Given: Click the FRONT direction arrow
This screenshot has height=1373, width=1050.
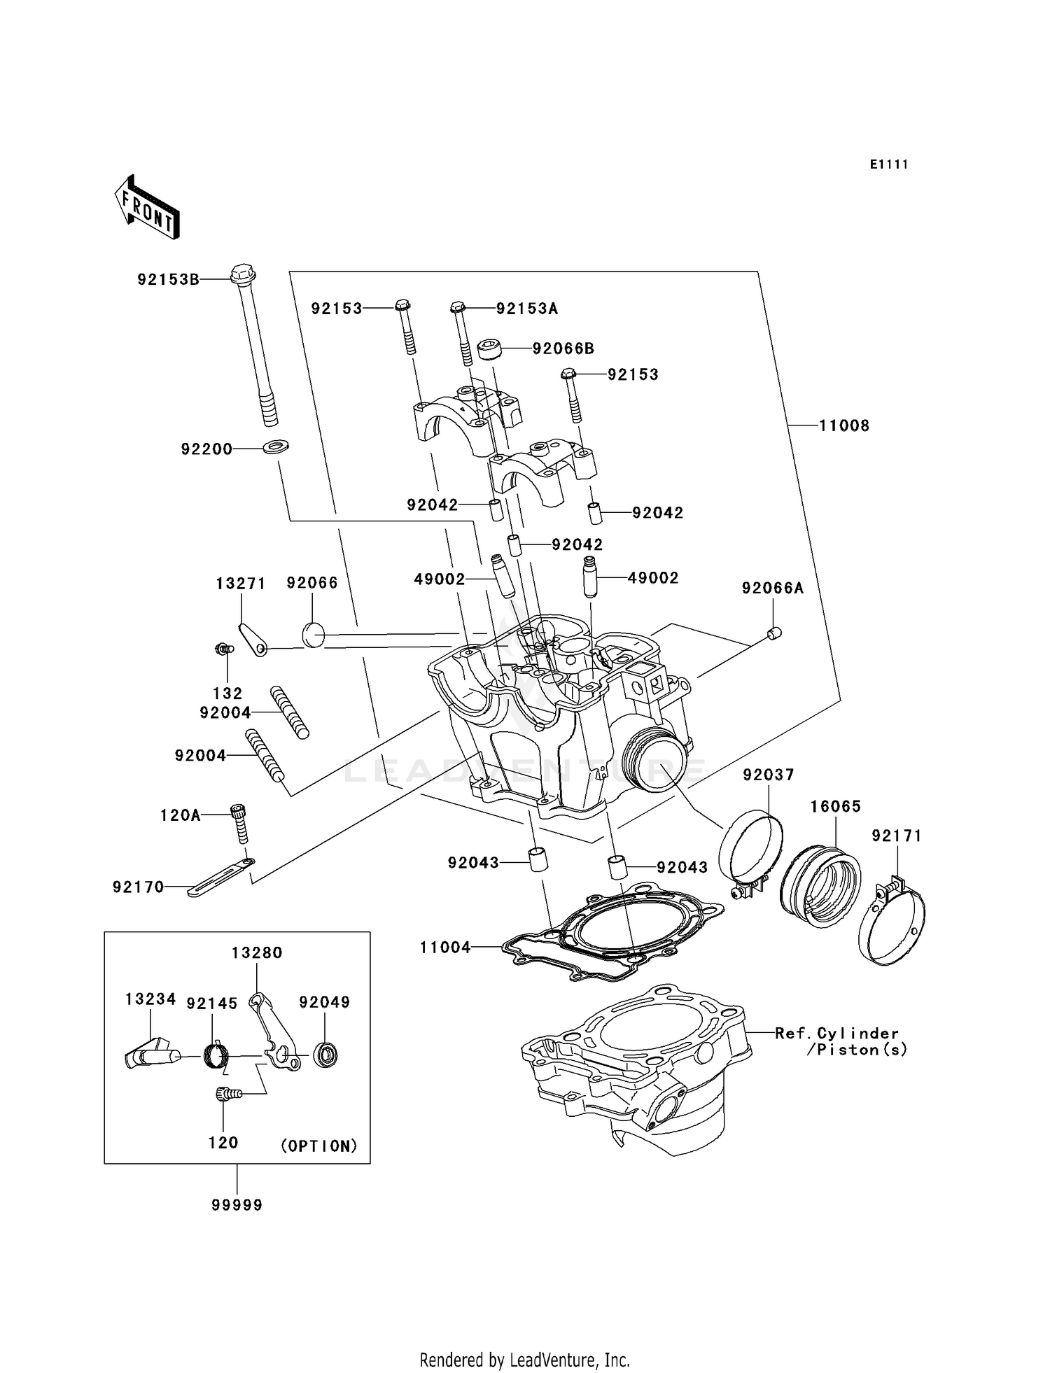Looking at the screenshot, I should (148, 209).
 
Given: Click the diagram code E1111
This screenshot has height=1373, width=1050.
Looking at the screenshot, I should (888, 164).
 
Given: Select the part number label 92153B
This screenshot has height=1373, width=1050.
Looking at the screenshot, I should (168, 280).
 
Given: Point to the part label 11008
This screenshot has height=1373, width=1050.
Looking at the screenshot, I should (844, 425).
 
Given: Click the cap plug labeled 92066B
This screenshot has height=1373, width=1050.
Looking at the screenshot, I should (490, 348).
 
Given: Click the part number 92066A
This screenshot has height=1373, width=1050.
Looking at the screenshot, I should (772, 589).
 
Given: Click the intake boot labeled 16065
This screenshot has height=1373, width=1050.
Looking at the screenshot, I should (820, 886).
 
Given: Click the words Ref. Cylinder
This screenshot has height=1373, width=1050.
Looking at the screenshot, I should (836, 1033).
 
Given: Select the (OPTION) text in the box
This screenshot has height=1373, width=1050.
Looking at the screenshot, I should (319, 1146).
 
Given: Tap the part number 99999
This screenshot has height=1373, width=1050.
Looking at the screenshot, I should (237, 1205).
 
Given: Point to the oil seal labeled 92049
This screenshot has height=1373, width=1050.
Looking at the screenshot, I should (325, 1054).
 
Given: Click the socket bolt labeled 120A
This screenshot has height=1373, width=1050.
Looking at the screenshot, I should (239, 823).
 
